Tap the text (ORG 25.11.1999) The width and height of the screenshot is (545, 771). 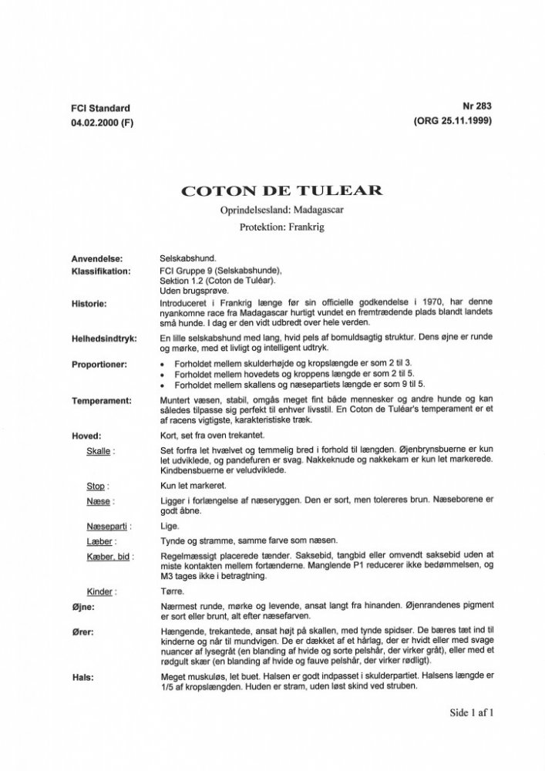click(452, 123)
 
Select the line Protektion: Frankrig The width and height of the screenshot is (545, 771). click(271, 228)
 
